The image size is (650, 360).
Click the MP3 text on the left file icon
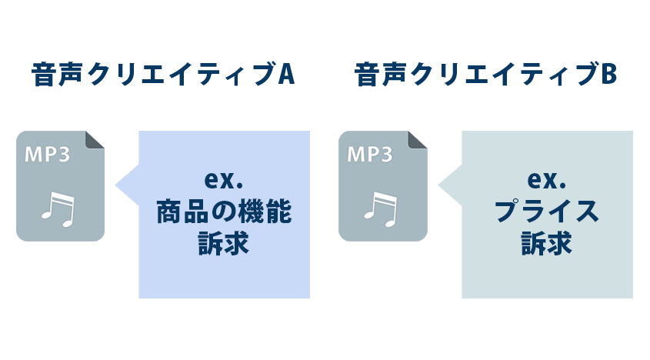point(48,155)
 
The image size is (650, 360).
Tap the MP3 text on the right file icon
point(370,155)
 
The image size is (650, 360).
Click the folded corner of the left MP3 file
point(95,139)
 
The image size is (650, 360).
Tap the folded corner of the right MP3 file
point(418,139)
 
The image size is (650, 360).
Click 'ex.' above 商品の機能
point(224,180)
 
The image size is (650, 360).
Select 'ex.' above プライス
point(547,180)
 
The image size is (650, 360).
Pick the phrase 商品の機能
point(224,212)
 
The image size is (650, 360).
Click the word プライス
point(547,212)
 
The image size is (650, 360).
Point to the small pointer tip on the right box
point(439,185)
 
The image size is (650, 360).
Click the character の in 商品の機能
point(224,213)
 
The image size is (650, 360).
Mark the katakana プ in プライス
point(507,212)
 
